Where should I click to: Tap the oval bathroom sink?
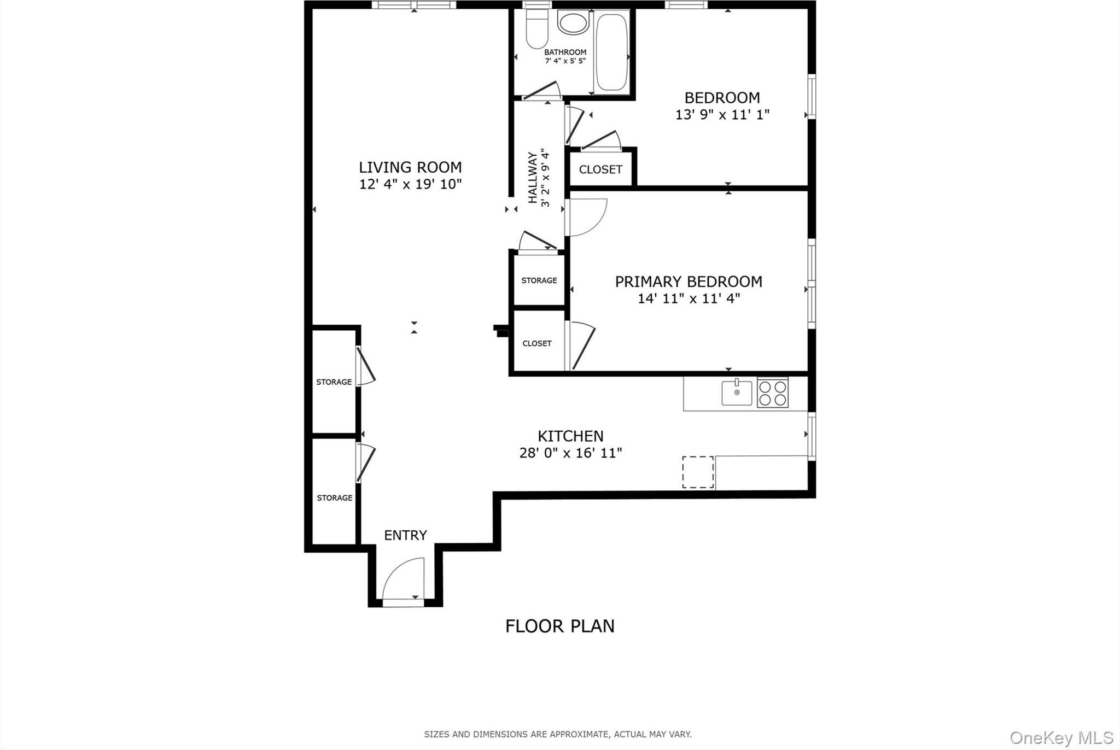coord(573,22)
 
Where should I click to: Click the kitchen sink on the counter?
coord(736,392)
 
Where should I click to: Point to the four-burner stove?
coord(772,393)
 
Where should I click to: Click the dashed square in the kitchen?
coord(697,472)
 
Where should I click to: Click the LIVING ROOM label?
coord(410,167)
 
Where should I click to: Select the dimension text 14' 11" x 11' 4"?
coord(689,298)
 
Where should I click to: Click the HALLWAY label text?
coord(533,178)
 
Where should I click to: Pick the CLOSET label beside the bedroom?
coord(600,169)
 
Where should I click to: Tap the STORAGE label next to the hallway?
coord(539,280)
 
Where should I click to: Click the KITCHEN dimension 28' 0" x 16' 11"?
coord(570,453)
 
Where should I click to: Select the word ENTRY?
coord(405,535)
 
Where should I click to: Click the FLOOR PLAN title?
coord(559,626)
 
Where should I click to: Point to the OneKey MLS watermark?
coord(1060,738)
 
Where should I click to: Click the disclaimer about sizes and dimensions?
coord(558,734)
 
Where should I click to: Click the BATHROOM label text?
coord(565,52)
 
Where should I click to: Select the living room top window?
coord(414,5)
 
